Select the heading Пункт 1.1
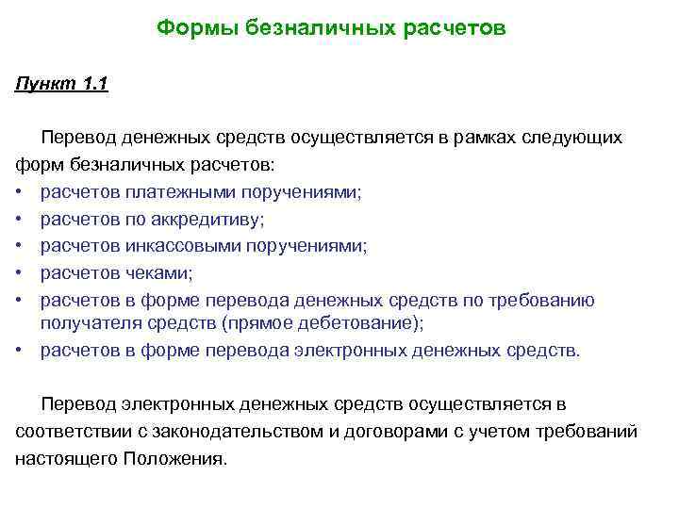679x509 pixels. (62, 85)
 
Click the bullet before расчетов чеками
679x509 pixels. (20, 273)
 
